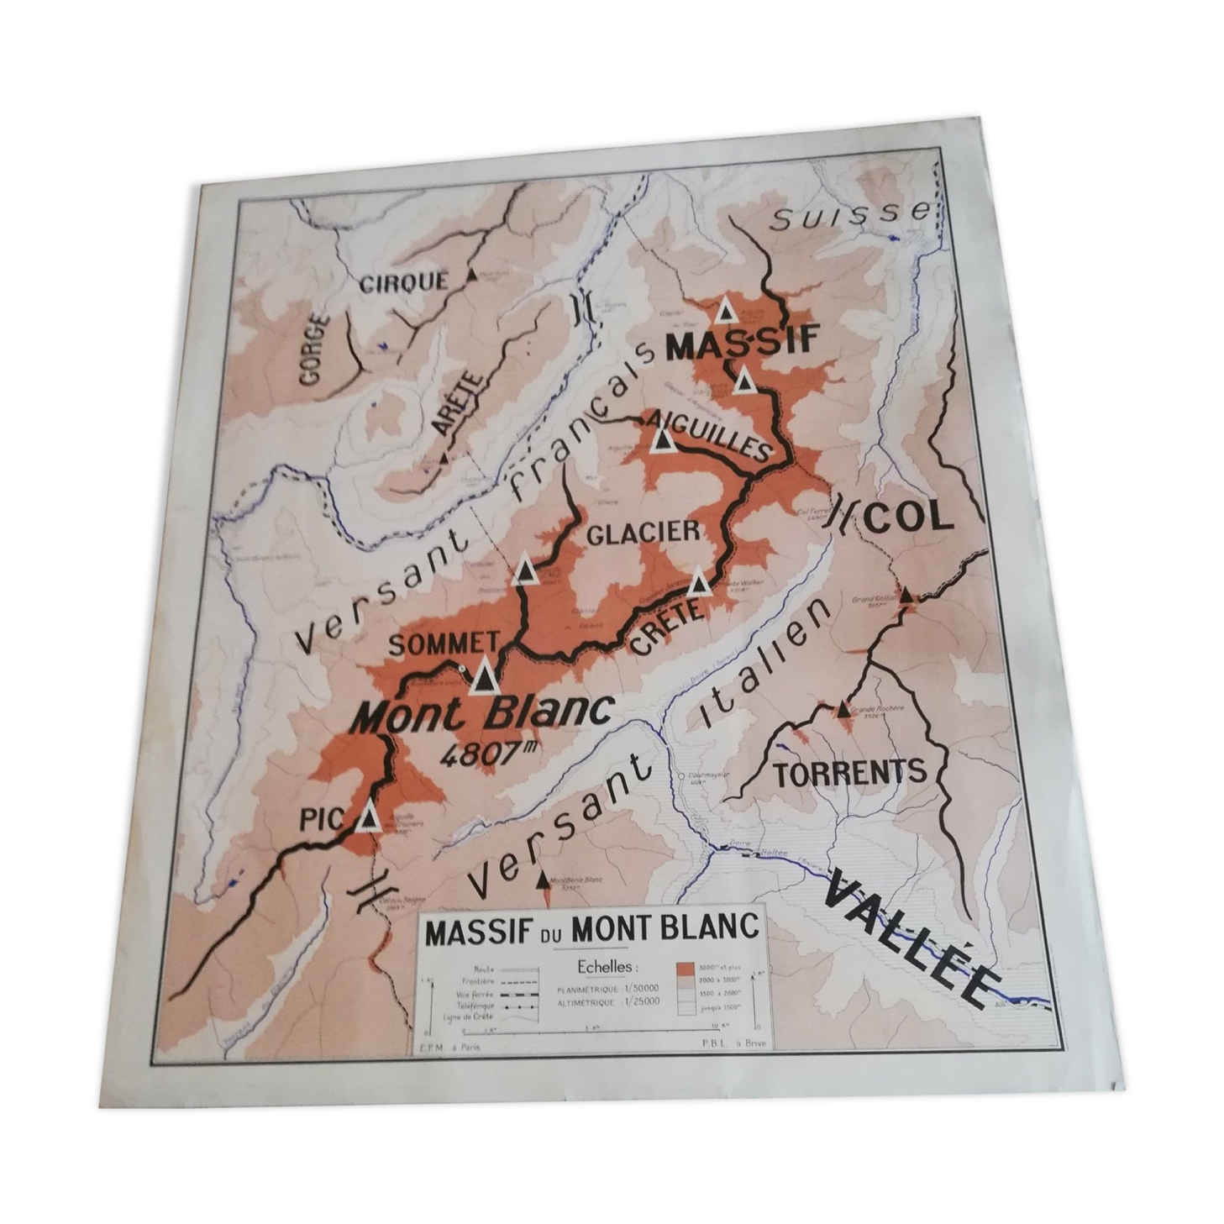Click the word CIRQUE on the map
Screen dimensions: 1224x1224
(x=404, y=282)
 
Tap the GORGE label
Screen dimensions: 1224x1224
(x=312, y=349)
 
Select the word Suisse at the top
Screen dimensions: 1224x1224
(x=850, y=216)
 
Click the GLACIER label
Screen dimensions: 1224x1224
(x=643, y=533)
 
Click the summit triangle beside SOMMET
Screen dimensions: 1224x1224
(x=484, y=676)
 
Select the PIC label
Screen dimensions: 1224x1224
(x=322, y=819)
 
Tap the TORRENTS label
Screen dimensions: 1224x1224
(x=849, y=772)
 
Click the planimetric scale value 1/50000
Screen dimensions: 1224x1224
(x=638, y=987)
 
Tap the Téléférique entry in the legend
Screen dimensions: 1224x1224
(x=475, y=1004)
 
